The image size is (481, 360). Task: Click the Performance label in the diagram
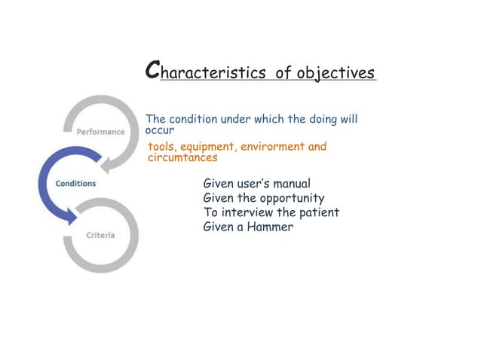point(100,131)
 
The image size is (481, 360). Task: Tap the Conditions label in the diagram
point(75,183)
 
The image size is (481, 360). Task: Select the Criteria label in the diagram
point(100,235)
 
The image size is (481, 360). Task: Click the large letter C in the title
point(152,71)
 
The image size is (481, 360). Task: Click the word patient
point(319,212)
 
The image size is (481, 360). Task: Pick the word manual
point(291,184)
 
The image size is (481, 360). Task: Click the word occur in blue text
point(159,130)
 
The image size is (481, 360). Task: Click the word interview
point(247,212)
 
